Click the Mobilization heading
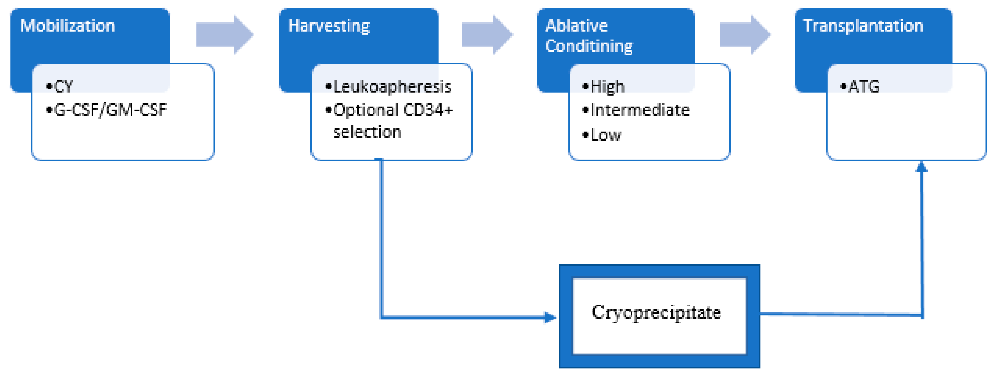point(68,26)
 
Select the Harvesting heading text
point(329,26)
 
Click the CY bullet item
point(63,86)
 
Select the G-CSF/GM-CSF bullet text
point(110,110)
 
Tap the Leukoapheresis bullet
point(392,86)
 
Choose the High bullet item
point(607,86)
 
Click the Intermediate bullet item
point(639,110)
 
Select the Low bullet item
point(606,135)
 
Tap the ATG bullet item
point(864,86)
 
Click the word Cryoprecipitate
point(656,312)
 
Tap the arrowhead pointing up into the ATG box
point(921,167)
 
